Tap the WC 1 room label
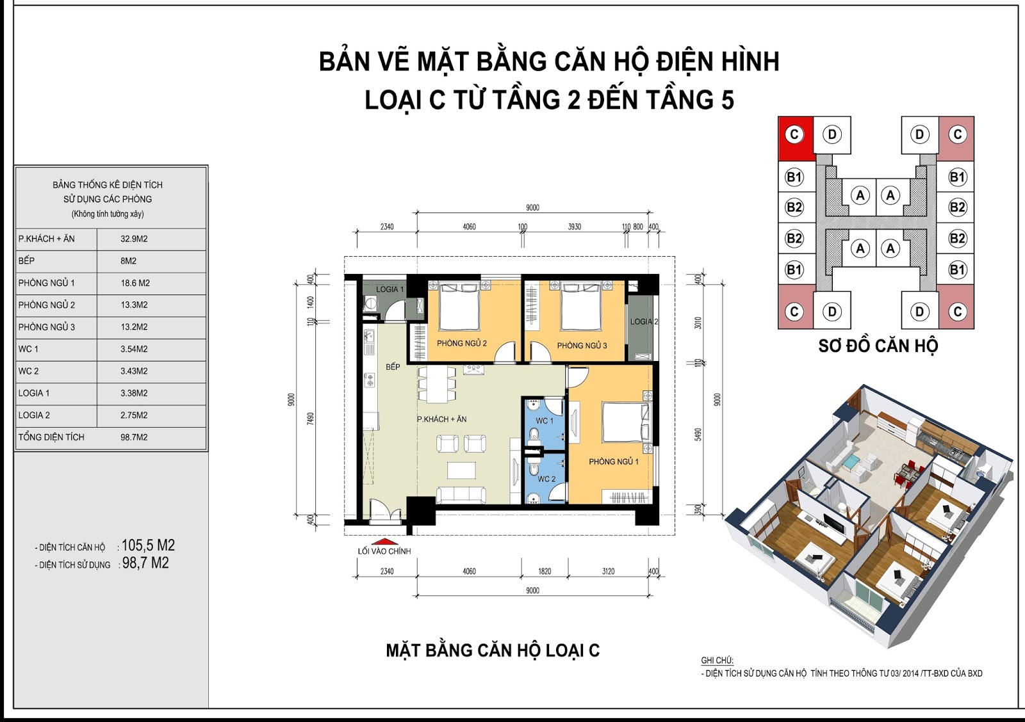[544, 421]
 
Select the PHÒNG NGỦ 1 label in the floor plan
[613, 461]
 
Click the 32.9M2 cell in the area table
[134, 239]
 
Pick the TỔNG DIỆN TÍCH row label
[51, 437]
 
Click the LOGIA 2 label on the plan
[643, 322]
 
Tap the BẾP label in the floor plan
[393, 367]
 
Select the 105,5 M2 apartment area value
[148, 545]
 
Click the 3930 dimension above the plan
[574, 227]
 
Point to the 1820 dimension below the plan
[545, 572]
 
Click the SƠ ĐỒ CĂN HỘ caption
[878, 346]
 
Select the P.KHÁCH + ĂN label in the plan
[441, 419]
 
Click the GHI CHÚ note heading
[717, 661]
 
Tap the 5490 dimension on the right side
[698, 434]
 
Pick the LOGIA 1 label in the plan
[389, 289]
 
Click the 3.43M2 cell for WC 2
[134, 371]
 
